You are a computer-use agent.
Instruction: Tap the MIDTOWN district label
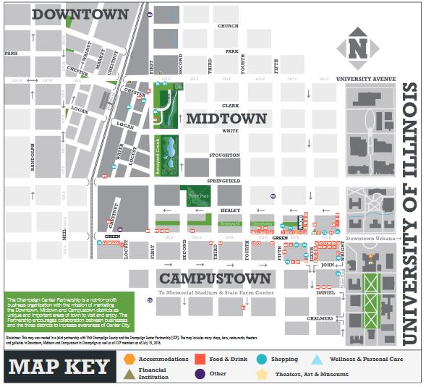click(x=227, y=117)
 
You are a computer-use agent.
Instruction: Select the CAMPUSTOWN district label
click(x=216, y=278)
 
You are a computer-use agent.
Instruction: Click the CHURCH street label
click(x=228, y=27)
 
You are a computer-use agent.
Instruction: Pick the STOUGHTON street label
click(x=225, y=155)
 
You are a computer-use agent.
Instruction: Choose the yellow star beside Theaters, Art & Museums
click(x=260, y=374)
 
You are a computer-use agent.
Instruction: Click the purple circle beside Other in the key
click(x=200, y=374)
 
